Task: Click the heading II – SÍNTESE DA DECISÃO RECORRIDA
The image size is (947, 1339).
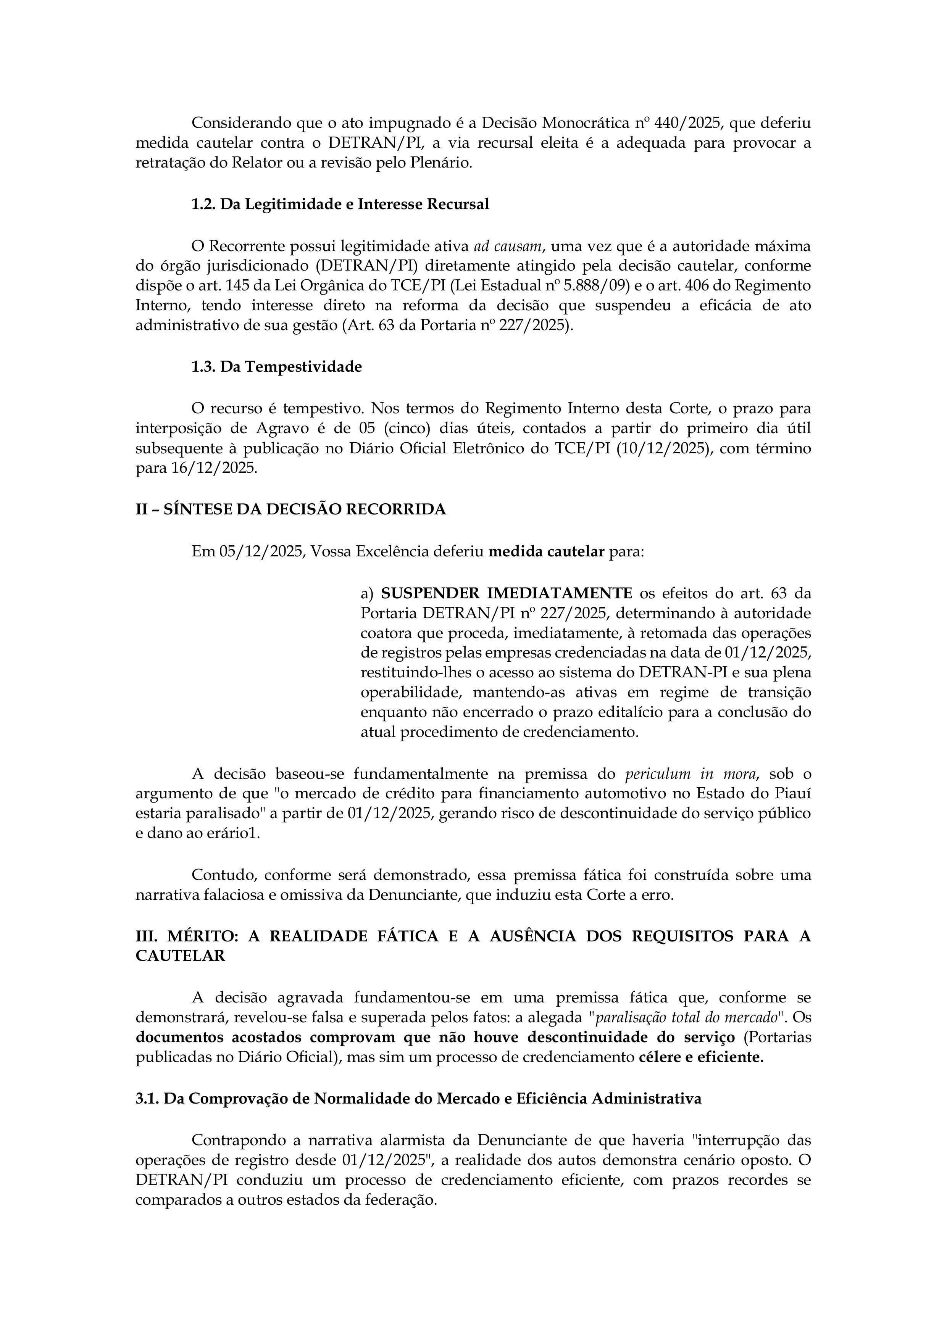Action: click(x=290, y=510)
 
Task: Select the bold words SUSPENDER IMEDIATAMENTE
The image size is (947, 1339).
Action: click(x=507, y=594)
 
